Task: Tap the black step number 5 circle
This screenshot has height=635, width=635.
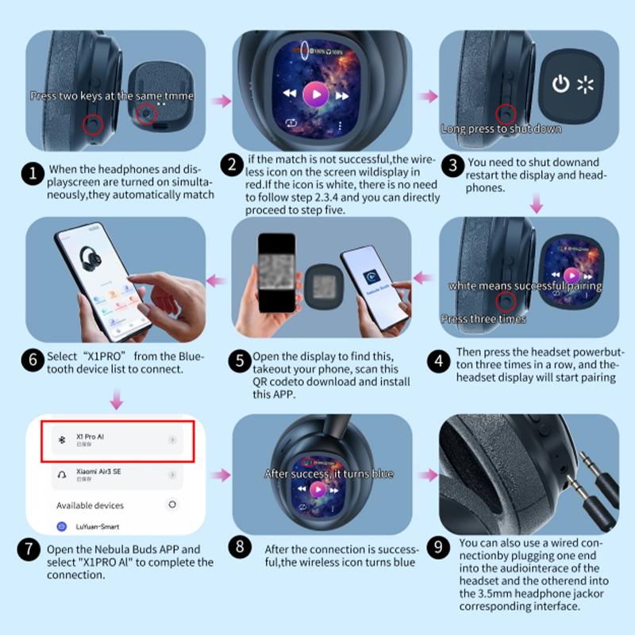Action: pos(241,361)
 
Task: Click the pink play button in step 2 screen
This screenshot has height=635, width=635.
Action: pos(316,95)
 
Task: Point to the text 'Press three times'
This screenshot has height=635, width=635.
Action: pos(483,319)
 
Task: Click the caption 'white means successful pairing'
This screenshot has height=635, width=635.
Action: pos(525,286)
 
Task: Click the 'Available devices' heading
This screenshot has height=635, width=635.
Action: pos(90,505)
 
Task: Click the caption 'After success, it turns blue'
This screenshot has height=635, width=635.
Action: pos(329,474)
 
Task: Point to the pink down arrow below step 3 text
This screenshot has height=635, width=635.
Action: pos(537,205)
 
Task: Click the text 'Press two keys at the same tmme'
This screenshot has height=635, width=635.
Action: pos(111,95)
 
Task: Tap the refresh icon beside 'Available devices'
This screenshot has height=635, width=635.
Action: pos(172,505)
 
